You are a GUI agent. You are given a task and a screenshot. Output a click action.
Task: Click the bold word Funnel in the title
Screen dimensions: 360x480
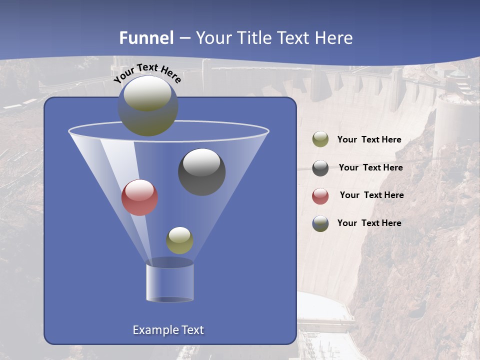146,38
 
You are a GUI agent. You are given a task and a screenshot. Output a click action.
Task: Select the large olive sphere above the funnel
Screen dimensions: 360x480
148,106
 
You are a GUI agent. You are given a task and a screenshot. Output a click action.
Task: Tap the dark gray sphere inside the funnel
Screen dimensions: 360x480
202,172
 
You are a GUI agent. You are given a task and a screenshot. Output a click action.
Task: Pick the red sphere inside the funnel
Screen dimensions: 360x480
140,198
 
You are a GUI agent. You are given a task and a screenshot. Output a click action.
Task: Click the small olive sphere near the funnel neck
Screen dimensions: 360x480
179,240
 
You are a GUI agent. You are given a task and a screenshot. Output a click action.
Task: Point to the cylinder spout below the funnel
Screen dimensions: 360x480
169,282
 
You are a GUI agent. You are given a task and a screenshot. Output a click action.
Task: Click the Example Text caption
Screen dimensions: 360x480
168,330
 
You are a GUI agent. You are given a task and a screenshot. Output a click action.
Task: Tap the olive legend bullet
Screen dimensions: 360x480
320,139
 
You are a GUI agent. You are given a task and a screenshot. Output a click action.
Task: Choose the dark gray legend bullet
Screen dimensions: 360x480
320,168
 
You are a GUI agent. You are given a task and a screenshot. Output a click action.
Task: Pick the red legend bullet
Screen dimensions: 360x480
320,196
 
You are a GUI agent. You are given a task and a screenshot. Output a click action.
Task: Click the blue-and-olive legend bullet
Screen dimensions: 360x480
320,223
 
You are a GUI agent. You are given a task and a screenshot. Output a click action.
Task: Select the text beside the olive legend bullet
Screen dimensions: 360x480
369,140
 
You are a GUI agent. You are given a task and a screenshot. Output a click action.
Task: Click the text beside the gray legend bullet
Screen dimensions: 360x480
370,168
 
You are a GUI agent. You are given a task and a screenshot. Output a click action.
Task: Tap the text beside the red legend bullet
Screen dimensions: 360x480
371,195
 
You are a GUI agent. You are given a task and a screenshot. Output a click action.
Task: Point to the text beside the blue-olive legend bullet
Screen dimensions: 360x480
369,223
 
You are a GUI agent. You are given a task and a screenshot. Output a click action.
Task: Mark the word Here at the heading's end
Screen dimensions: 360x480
334,38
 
